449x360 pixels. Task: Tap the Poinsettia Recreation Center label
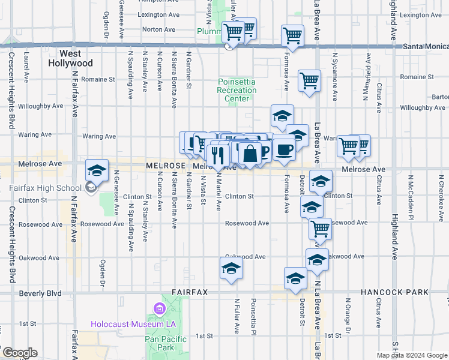click(237, 90)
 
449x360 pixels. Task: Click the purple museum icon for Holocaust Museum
click(159, 310)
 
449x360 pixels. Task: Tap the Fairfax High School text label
click(45, 188)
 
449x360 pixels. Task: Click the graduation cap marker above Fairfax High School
click(97, 172)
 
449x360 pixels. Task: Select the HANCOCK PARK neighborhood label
click(394, 292)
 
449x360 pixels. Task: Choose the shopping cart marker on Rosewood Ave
click(320, 229)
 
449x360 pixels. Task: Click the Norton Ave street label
click(159, 29)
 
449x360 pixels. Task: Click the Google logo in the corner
click(19, 353)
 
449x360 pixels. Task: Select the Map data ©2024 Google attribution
click(412, 355)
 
